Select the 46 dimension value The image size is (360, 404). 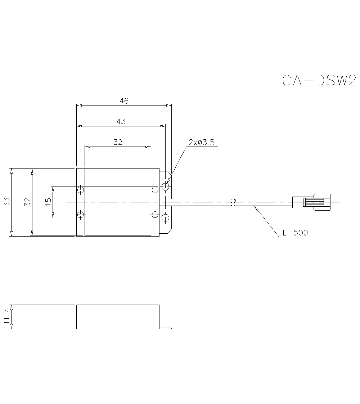coord(124,101)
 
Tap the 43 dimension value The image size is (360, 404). coord(121,122)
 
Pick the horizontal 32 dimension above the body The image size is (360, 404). coord(118,142)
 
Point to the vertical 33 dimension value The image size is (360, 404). coord(6,202)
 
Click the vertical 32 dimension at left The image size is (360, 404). coord(27,202)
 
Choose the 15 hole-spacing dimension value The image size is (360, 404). coord(49,202)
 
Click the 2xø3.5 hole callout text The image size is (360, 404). coord(202,143)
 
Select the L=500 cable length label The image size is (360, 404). coord(295,233)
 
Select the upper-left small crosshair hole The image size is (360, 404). coord(80,189)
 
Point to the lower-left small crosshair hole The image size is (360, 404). coord(80,215)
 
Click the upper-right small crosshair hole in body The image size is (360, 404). coord(155,189)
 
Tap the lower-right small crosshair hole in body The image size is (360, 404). coord(155,215)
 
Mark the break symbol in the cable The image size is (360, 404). coord(233,202)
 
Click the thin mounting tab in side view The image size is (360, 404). coord(165,328)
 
